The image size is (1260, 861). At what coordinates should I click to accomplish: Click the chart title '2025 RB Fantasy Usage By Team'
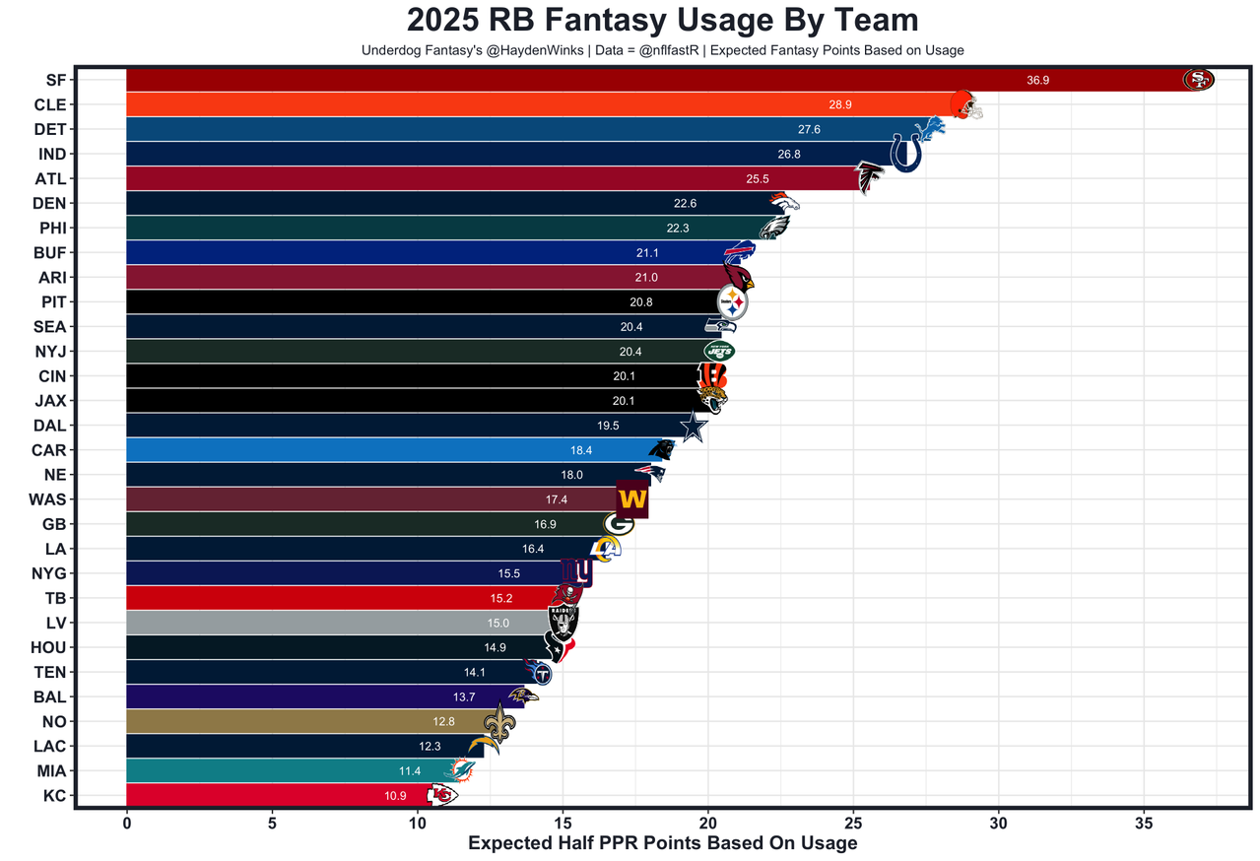tap(662, 21)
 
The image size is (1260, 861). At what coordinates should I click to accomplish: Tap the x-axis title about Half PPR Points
tap(662, 843)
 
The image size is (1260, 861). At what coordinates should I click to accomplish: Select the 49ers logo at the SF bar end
tap(1198, 80)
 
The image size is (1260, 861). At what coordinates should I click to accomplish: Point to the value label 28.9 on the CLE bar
tap(839, 104)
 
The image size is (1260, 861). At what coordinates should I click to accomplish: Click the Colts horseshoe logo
tap(905, 154)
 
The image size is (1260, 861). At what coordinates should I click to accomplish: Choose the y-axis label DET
tap(49, 129)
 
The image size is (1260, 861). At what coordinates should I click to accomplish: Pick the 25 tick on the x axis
tap(853, 822)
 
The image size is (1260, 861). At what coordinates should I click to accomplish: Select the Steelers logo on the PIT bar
tap(732, 302)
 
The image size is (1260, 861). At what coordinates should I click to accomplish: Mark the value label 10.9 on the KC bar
tap(395, 796)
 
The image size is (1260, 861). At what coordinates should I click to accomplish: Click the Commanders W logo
tap(631, 499)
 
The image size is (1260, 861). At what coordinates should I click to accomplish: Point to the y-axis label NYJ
tap(49, 352)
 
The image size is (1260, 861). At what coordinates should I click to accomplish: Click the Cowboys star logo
tap(694, 427)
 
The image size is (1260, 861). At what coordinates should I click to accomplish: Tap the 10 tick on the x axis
tap(418, 822)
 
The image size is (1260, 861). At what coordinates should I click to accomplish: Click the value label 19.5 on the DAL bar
tap(608, 426)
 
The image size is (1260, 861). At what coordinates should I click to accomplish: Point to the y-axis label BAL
tap(49, 696)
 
